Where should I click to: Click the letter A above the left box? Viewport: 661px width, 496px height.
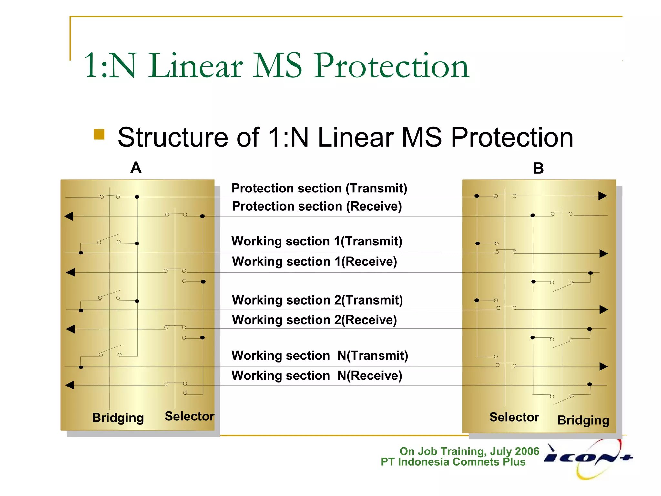pos(136,168)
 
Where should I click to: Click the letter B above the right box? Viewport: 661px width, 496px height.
pos(538,169)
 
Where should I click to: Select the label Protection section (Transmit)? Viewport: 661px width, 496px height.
pos(319,188)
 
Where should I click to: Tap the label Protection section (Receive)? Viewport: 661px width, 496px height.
pos(317,206)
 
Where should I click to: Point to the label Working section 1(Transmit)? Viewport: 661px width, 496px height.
pos(317,241)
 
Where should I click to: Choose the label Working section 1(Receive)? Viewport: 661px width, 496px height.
pos(314,261)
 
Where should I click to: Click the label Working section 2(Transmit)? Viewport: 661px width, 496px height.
pos(317,300)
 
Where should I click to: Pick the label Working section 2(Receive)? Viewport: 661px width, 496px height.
pos(314,320)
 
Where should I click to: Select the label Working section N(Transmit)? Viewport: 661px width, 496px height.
pos(320,356)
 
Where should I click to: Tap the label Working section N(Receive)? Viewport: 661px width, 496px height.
pos(317,376)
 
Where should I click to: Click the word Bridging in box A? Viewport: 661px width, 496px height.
pos(118,418)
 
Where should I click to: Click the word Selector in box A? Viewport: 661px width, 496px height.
pos(189,416)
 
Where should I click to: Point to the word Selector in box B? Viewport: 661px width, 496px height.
pos(514,417)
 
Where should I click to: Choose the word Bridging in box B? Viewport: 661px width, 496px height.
pos(583,420)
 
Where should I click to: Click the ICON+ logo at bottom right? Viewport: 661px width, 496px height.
pos(588,458)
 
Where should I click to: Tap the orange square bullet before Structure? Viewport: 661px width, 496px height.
pos(99,135)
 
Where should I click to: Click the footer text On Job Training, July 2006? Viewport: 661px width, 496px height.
pos(469,451)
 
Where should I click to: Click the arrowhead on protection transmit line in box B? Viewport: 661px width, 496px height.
pos(603,196)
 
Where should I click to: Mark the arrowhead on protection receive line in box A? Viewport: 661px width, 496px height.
pos(69,216)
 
